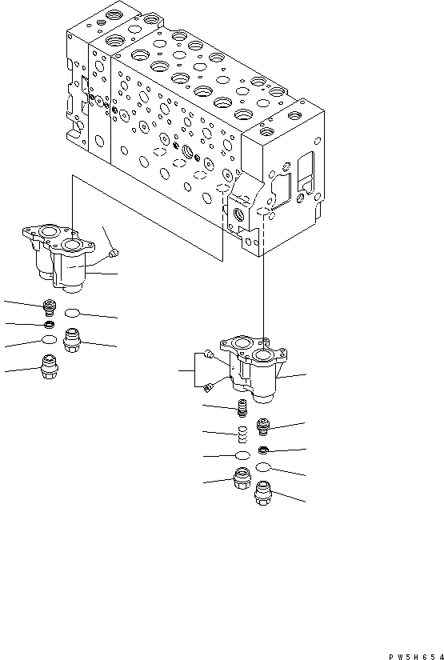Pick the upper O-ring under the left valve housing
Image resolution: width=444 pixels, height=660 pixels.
pos(74,313)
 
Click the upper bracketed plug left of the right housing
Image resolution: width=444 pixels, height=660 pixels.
pos(209,354)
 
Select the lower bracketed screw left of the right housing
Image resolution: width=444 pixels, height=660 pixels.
pos(208,388)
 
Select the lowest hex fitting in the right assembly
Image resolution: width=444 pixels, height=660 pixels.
pos(263,497)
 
